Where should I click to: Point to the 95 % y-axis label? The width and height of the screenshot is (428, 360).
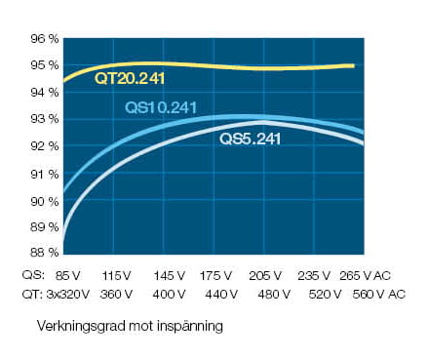coord(46,65)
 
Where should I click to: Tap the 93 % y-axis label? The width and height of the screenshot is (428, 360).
coord(46,119)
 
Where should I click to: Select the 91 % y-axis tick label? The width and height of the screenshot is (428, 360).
coord(46,174)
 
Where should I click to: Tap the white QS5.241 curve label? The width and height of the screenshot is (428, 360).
coord(250,140)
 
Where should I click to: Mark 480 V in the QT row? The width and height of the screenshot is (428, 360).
coord(269,294)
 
